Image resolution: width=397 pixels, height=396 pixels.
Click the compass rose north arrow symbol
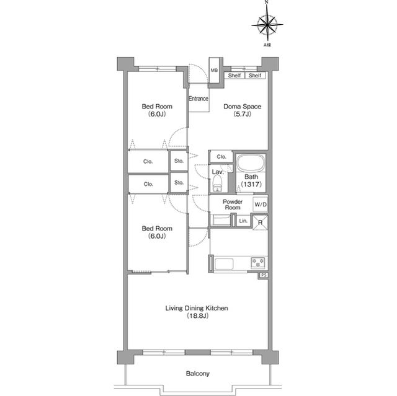click(x=267, y=24)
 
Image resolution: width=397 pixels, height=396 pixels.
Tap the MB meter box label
click(x=214, y=70)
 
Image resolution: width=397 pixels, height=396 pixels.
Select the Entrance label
click(x=198, y=99)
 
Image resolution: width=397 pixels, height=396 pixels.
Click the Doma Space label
click(x=243, y=107)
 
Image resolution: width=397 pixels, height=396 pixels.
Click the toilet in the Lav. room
click(x=218, y=183)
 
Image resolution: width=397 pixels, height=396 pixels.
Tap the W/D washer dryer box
click(x=261, y=205)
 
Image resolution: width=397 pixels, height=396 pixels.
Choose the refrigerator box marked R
click(x=261, y=222)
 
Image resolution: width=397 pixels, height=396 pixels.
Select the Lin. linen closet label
click(x=243, y=221)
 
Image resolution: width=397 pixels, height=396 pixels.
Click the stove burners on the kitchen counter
click(x=258, y=262)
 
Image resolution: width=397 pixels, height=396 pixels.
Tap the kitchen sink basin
click(x=224, y=264)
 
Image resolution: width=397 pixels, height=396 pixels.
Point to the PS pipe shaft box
click(x=264, y=275)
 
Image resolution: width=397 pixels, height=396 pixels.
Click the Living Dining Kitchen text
click(x=197, y=308)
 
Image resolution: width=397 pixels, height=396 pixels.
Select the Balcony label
click(x=198, y=374)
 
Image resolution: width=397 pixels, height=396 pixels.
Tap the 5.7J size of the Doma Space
click(x=243, y=114)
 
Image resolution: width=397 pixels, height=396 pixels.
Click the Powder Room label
click(x=233, y=205)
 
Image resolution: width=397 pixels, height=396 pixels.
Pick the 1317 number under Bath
click(x=251, y=184)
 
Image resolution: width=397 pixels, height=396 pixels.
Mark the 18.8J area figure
click(x=197, y=315)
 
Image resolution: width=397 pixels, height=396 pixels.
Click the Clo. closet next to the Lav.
click(x=221, y=157)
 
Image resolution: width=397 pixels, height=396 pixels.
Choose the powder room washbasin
click(x=221, y=220)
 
